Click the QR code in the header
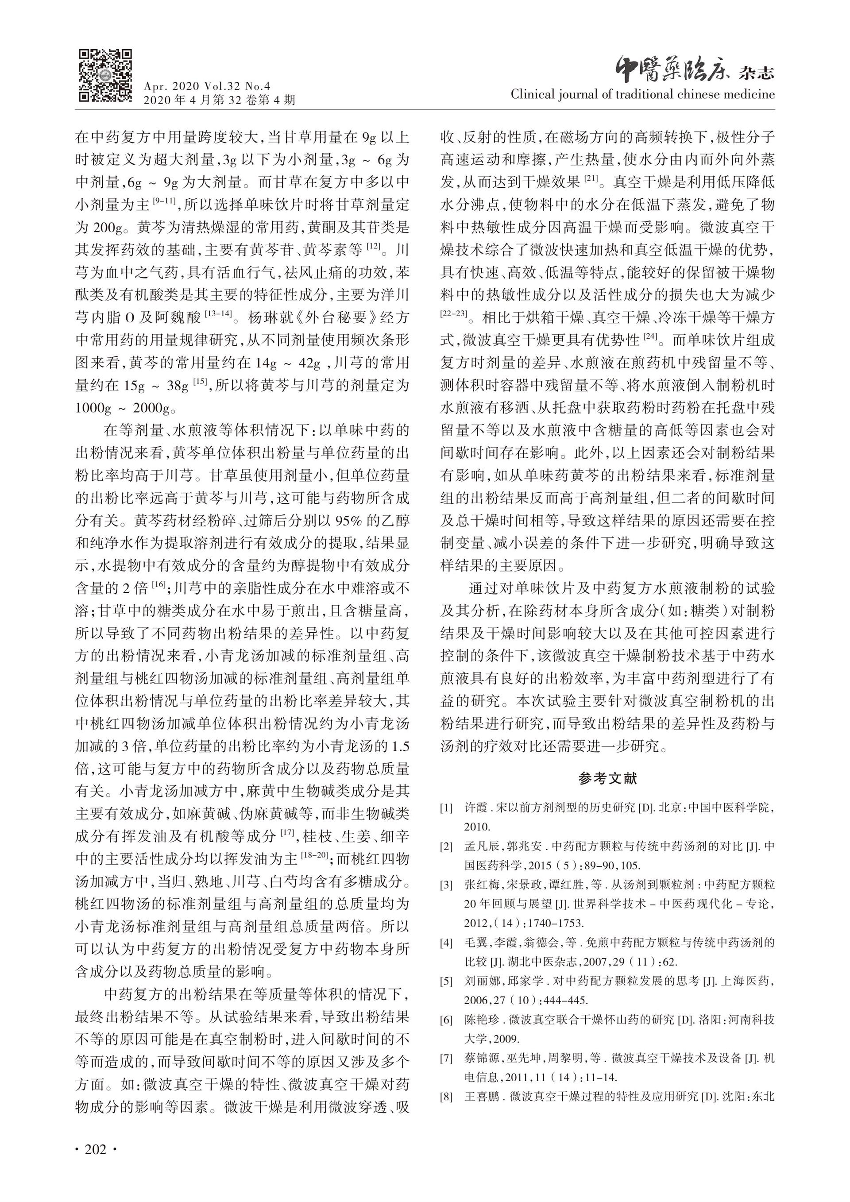105,75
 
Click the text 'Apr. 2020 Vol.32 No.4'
207,87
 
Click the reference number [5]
446,981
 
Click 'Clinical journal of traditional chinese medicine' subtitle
642,95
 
